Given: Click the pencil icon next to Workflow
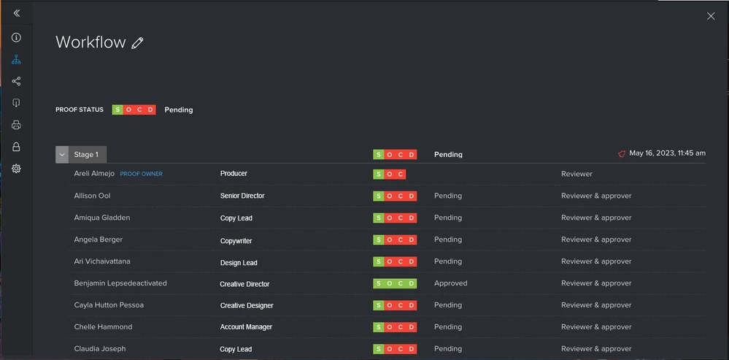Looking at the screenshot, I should tap(137, 43).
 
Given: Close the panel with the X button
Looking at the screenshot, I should tap(711, 16).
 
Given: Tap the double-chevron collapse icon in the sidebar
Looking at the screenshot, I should tap(16, 13).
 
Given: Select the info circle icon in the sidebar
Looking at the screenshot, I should tap(16, 37).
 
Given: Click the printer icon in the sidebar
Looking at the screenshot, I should tap(16, 125).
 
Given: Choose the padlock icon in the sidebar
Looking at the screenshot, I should tap(16, 147).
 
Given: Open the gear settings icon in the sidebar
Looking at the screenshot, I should tap(16, 169).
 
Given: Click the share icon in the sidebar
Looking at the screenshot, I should tap(16, 81).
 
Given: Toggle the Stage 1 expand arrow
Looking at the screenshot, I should tap(62, 155).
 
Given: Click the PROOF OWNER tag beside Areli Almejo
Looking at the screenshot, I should tap(142, 174).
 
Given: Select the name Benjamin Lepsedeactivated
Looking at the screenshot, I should tap(120, 283).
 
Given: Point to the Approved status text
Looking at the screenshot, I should tap(450, 283).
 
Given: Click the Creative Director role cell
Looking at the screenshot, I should tap(244, 284).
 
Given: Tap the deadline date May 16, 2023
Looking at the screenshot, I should tap(667, 153).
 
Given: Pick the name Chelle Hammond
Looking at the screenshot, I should tap(103, 327).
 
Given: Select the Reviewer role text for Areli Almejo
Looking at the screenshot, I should tap(576, 174).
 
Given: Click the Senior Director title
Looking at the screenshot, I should tap(242, 196).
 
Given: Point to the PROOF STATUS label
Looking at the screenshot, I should tap(80, 110).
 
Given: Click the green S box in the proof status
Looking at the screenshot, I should tap(117, 110).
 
